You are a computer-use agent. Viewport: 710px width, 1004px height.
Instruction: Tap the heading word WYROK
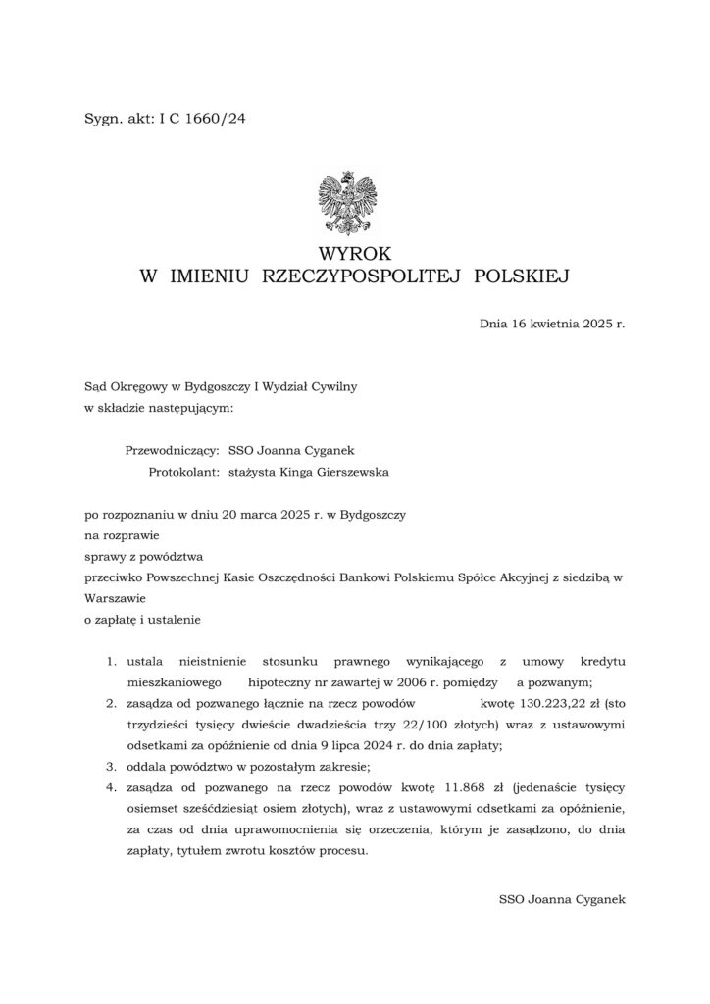[x=354, y=254]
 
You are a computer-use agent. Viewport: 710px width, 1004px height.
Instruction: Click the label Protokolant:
[x=183, y=472]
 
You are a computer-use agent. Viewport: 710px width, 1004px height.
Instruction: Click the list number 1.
[x=112, y=664]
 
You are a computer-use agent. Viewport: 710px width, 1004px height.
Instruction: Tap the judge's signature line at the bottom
[x=561, y=897]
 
